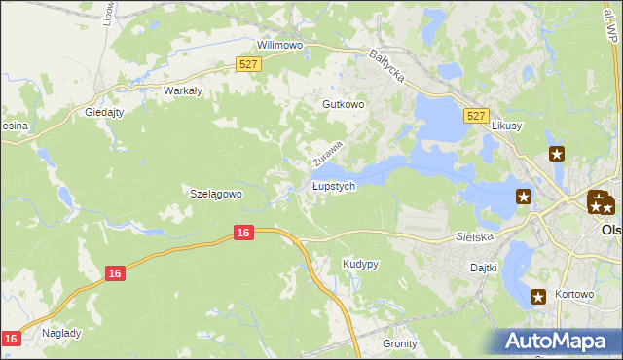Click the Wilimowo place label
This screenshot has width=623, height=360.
click(x=280, y=45)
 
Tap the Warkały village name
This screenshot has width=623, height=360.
click(x=182, y=90)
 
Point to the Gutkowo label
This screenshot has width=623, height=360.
click(x=343, y=103)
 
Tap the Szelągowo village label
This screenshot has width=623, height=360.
click(x=214, y=194)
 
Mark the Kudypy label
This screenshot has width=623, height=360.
click(x=360, y=264)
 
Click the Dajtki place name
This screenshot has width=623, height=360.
click(x=484, y=267)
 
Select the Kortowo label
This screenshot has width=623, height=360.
click(x=577, y=295)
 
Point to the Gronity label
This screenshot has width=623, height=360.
click(x=400, y=343)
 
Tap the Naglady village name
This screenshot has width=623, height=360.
click(x=62, y=332)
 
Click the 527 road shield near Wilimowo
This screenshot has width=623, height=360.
click(x=248, y=64)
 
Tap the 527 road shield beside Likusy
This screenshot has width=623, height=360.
click(x=475, y=116)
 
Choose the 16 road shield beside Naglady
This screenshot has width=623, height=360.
click(x=10, y=338)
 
